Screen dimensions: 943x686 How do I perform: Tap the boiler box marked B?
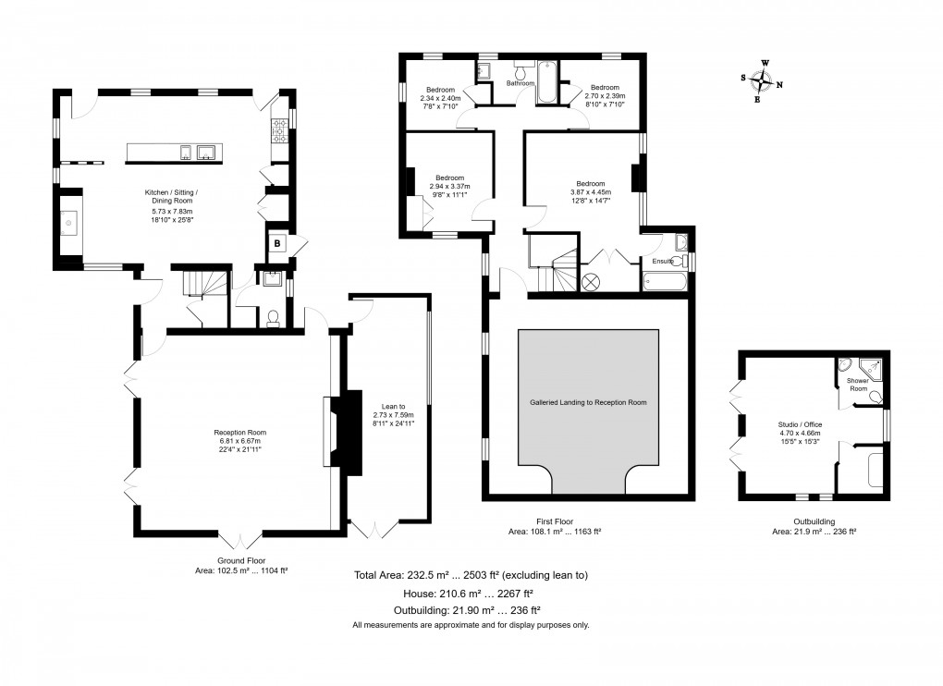[x=277, y=243]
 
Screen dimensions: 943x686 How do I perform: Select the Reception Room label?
[x=240, y=433]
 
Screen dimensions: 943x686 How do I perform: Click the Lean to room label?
[x=393, y=407]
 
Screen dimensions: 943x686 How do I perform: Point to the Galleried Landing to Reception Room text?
[x=588, y=402]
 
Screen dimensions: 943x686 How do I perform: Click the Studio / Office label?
[x=800, y=424]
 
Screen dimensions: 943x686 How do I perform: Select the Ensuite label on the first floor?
[x=663, y=261]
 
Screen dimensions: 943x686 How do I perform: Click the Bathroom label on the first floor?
[x=520, y=83]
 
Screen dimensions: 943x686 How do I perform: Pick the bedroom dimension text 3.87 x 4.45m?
[x=591, y=192]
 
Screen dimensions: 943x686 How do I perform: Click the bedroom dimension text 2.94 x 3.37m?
[x=450, y=187]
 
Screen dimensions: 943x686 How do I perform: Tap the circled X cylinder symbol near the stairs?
[x=591, y=282]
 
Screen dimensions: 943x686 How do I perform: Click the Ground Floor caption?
[x=241, y=561]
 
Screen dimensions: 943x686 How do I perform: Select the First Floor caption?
[x=555, y=521]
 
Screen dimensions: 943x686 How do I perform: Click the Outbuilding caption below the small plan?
[x=814, y=521]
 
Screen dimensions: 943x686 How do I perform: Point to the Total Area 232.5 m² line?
[x=471, y=575]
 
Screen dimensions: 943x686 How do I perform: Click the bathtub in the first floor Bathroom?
[x=547, y=81]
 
